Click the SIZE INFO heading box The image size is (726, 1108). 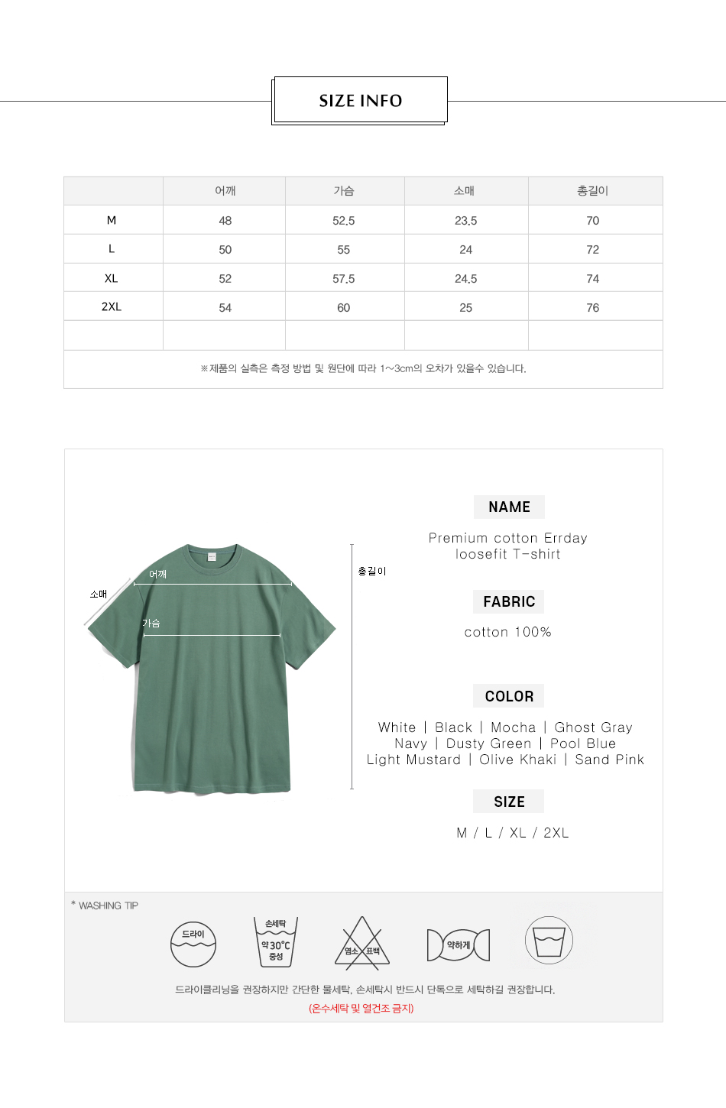(360, 100)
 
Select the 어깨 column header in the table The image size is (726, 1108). (225, 191)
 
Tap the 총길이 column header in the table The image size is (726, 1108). (592, 191)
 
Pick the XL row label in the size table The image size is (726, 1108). (112, 278)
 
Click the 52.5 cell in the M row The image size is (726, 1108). (344, 221)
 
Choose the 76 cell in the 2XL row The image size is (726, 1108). (592, 308)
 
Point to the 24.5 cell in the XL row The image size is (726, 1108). (465, 279)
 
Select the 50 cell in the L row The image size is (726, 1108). (225, 250)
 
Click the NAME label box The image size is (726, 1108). (509, 507)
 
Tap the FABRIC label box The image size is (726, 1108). (509, 602)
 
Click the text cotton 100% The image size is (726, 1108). (508, 633)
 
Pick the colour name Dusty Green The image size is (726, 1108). (489, 744)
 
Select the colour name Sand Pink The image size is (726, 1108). (610, 760)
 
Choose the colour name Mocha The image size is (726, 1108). (514, 728)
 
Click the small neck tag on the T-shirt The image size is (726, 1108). (212, 557)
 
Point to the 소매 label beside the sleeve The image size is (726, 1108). (99, 594)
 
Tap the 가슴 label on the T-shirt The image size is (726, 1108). (151, 624)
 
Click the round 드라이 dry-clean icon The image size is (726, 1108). (193, 944)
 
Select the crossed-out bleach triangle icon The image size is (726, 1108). (362, 944)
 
